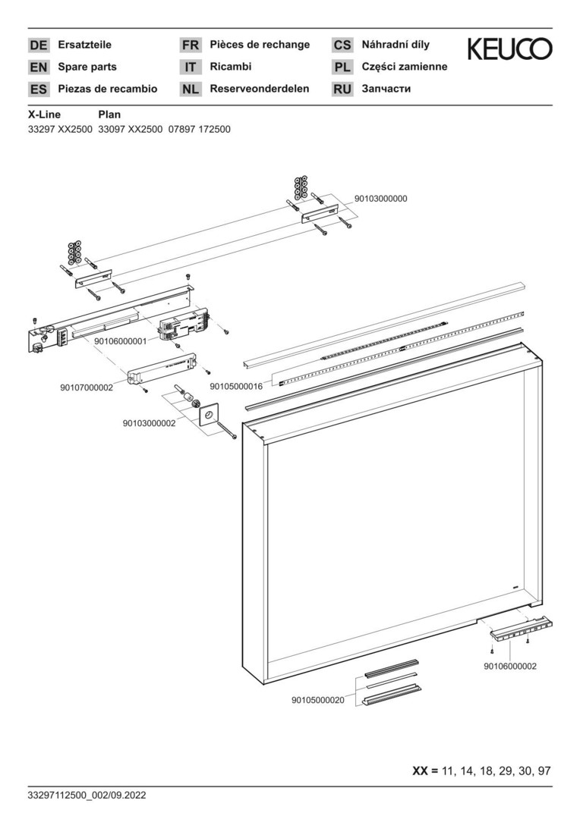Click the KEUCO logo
click(509, 49)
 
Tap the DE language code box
click(38, 45)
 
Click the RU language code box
click(342, 89)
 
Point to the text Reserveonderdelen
click(260, 89)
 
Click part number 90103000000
click(381, 199)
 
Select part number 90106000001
click(120, 341)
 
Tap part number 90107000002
click(86, 388)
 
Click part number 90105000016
click(236, 386)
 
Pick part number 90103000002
click(149, 423)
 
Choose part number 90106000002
click(510, 666)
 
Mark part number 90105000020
click(318, 700)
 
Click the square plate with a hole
click(207, 414)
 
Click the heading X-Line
click(44, 115)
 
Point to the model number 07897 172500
click(199, 129)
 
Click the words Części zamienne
click(405, 67)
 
